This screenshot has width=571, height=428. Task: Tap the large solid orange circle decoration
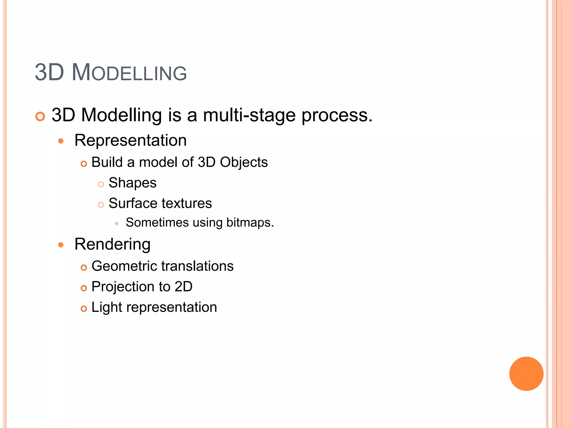(x=526, y=374)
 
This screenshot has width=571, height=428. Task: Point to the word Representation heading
(x=130, y=140)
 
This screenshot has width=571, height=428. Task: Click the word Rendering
(x=112, y=244)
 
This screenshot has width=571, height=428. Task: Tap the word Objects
(x=244, y=162)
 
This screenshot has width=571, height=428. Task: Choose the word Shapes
(x=132, y=183)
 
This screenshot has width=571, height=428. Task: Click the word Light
(x=107, y=307)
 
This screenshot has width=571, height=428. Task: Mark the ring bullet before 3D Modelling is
(x=40, y=116)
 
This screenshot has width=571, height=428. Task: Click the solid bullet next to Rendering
(x=61, y=245)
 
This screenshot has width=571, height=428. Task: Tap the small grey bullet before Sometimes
(x=117, y=223)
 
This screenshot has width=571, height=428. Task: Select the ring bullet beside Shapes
(x=101, y=184)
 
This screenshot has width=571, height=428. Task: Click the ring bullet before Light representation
(x=84, y=309)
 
